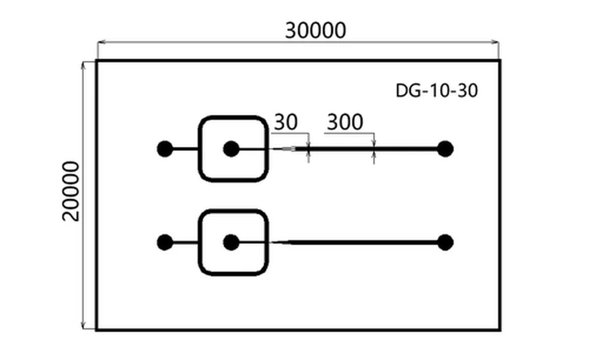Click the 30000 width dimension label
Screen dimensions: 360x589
pyautogui.click(x=315, y=30)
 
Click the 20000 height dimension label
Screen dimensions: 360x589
pyautogui.click(x=71, y=190)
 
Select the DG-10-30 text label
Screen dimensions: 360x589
pyautogui.click(x=436, y=91)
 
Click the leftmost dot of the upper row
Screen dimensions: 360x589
pyautogui.click(x=165, y=149)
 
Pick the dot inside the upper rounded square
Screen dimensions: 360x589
pyautogui.click(x=231, y=149)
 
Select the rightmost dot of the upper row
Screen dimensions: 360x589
pyautogui.click(x=445, y=149)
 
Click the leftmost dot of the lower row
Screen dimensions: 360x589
pyautogui.click(x=165, y=242)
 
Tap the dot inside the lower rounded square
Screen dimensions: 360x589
pyautogui.click(x=231, y=242)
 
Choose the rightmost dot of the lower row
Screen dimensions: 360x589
pyautogui.click(x=445, y=242)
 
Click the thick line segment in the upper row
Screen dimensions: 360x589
pyautogui.click(x=371, y=149)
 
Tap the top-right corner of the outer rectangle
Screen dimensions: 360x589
pyautogui.click(x=499, y=61)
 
